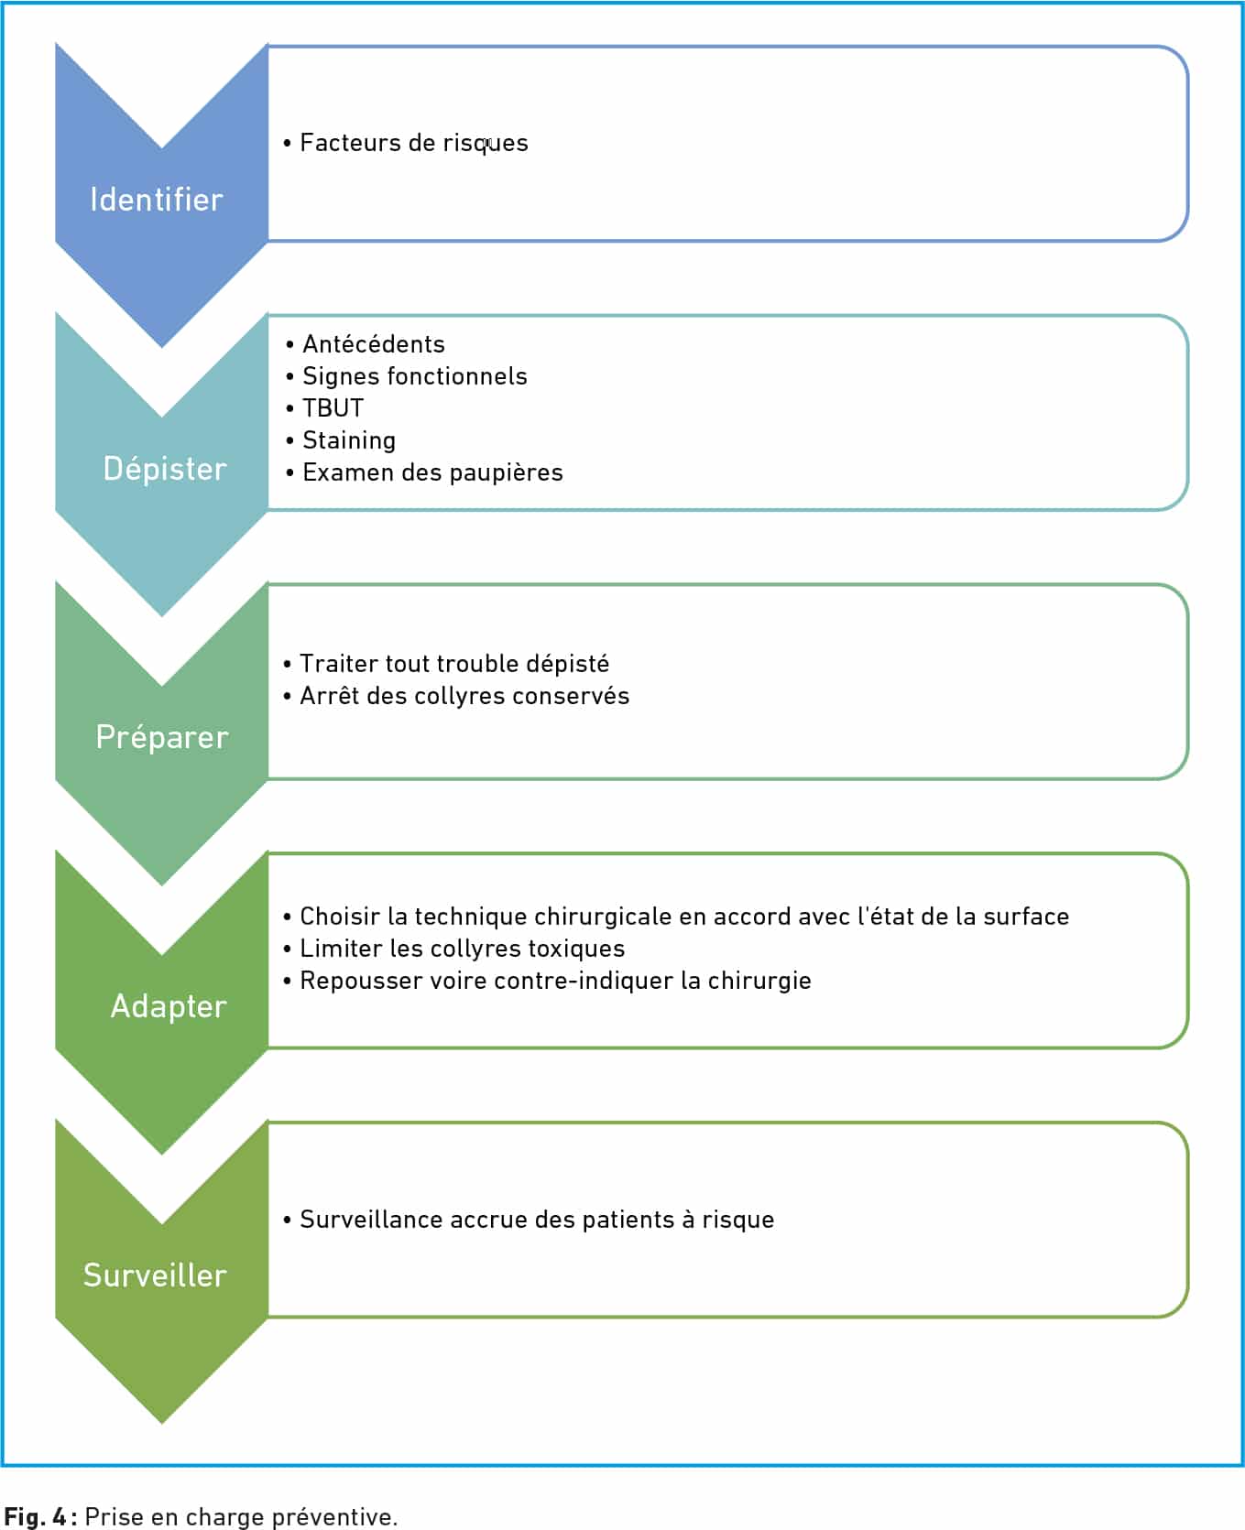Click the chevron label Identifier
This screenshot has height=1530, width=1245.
pyautogui.click(x=157, y=200)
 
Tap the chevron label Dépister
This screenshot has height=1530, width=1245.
pyautogui.click(x=165, y=469)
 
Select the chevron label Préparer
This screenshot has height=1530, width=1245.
pyautogui.click(x=162, y=738)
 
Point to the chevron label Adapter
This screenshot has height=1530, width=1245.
pyautogui.click(x=169, y=1007)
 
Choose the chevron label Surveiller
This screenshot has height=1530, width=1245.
pyautogui.click(x=155, y=1275)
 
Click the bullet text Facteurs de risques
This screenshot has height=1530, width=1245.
pyautogui.click(x=414, y=143)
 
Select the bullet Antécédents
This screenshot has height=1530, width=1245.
pyautogui.click(x=374, y=344)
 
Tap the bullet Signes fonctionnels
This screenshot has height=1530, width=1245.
pyautogui.click(x=415, y=376)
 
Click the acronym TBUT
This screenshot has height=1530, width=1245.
pyautogui.click(x=333, y=408)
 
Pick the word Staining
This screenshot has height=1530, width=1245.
pyautogui.click(x=349, y=440)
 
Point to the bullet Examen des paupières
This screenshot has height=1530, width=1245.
pyautogui.click(x=432, y=472)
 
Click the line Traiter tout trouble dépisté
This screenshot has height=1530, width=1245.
pyautogui.click(x=454, y=664)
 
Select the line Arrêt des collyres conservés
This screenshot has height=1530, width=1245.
pyautogui.click(x=464, y=696)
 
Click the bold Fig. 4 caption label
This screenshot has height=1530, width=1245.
pyautogui.click(x=39, y=1516)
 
